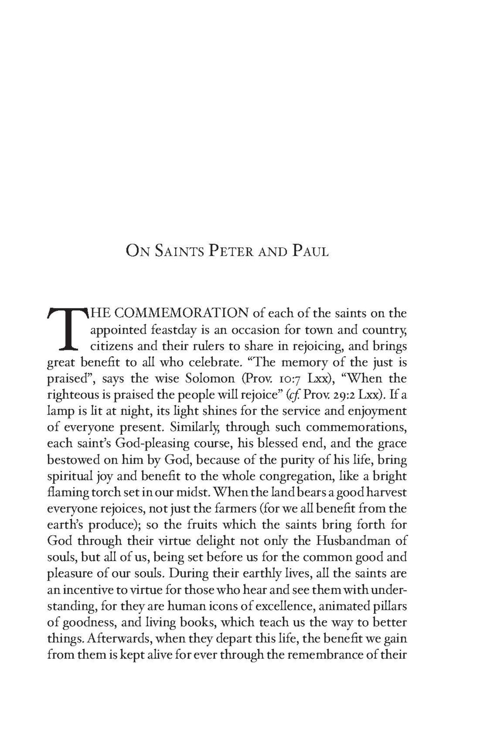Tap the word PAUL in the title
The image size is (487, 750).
[x=309, y=252]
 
